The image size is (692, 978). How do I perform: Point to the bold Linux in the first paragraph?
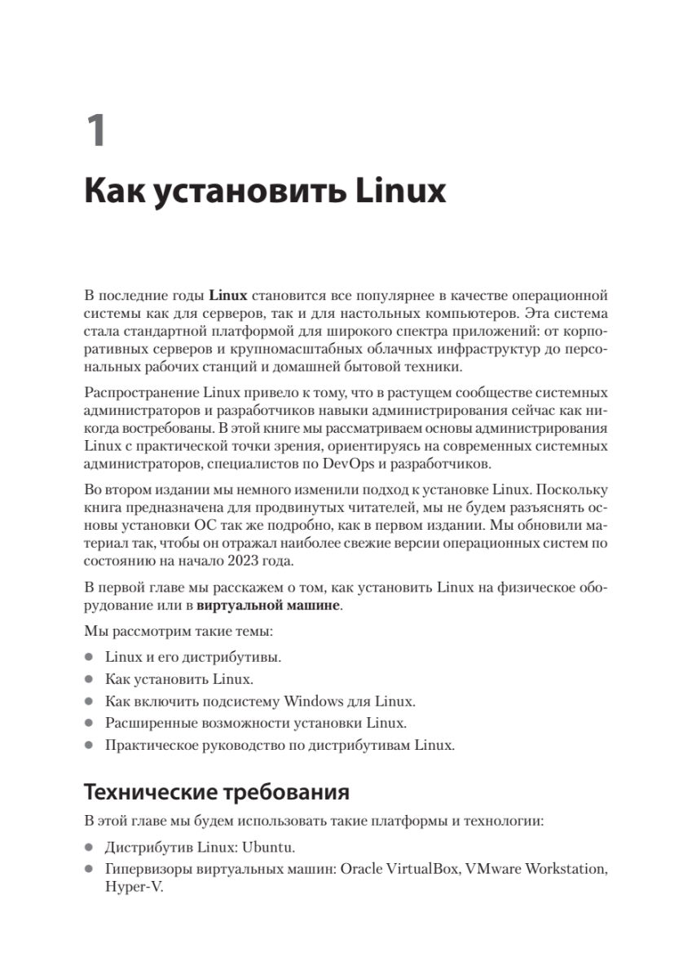227,295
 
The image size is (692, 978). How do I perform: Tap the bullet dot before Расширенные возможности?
89,723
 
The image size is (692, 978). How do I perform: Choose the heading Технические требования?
217,791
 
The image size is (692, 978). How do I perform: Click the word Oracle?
363,868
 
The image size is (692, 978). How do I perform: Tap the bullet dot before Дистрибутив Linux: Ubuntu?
89,846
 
